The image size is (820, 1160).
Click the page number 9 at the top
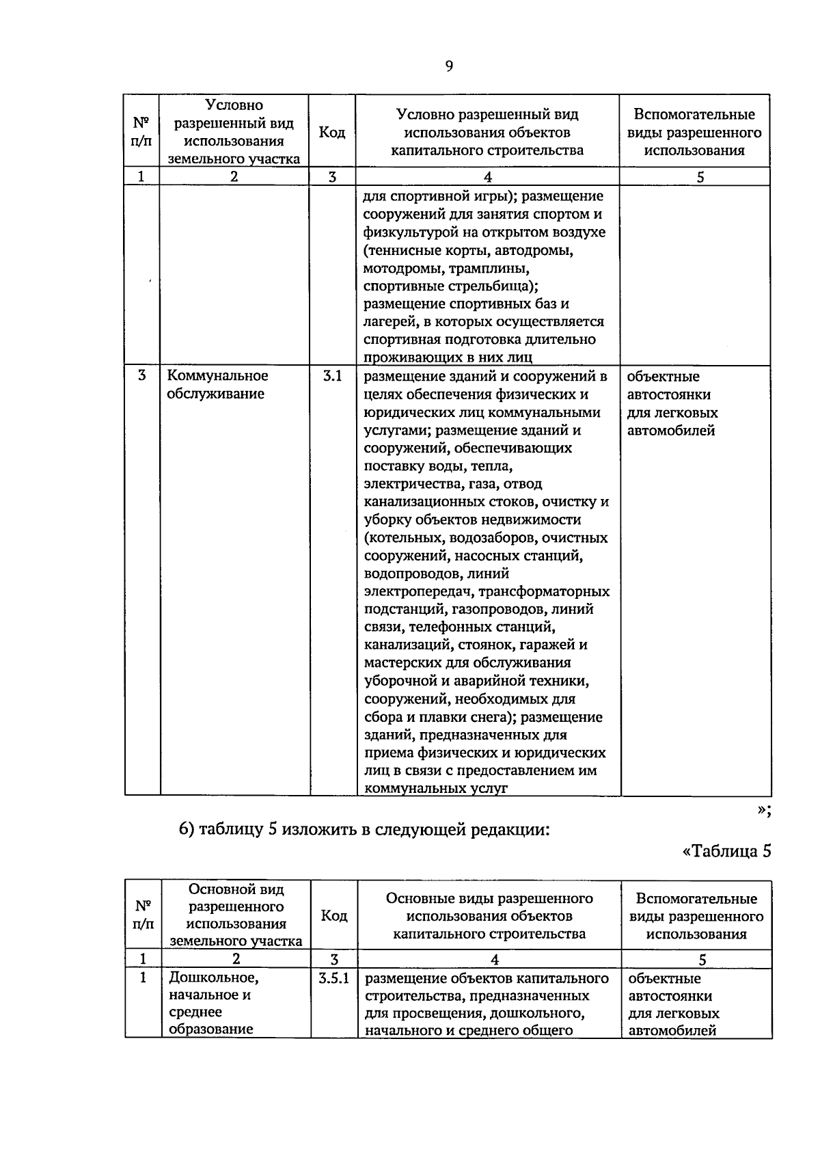tap(448, 66)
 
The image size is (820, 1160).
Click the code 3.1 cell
tap(332, 376)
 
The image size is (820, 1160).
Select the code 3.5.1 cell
tap(333, 977)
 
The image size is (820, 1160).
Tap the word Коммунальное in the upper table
tap(218, 376)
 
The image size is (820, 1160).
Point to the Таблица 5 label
tap(726, 852)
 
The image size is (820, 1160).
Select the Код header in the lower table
tap(333, 916)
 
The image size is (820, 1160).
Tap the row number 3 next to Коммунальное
tap(141, 376)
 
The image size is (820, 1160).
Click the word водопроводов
tap(408, 574)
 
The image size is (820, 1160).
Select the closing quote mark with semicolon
tap(764, 809)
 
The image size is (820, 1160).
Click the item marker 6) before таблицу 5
tap(187, 831)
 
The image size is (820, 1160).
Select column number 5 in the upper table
tap(700, 177)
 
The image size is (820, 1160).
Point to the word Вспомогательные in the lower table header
tap(696, 899)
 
